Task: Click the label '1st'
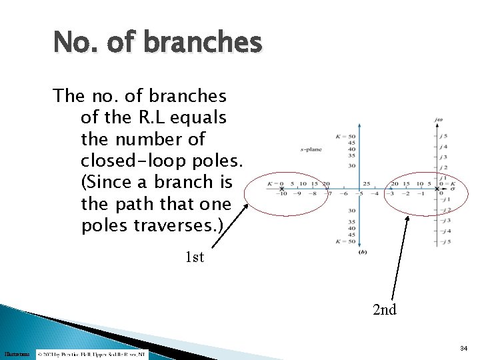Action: click(x=194, y=257)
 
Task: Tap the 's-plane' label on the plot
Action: click(x=311, y=149)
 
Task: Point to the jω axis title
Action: click(x=438, y=121)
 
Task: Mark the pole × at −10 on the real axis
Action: click(x=282, y=189)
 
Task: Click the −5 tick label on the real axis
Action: click(x=360, y=195)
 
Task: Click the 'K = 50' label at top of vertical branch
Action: click(x=346, y=136)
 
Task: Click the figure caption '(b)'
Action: click(x=362, y=252)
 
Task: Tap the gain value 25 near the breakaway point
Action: click(x=366, y=183)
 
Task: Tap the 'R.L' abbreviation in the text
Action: click(x=153, y=118)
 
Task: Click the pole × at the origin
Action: click(x=437, y=189)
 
